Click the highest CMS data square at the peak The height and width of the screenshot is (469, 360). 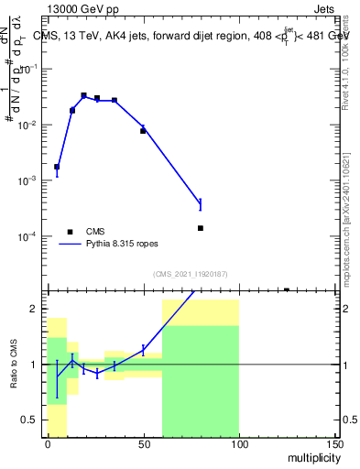pyautogui.click(x=83, y=95)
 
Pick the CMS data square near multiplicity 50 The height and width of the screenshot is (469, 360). pyautogui.click(x=143, y=131)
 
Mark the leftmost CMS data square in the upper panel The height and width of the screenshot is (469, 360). pyautogui.click(x=57, y=167)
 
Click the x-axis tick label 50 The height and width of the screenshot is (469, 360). pyautogui.click(x=143, y=444)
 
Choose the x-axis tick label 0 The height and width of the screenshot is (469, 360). pyautogui.click(x=48, y=444)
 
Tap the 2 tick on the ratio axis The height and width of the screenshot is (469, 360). pyautogui.click(x=38, y=309)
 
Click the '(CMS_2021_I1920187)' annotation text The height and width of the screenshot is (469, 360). pyautogui.click(x=191, y=274)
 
